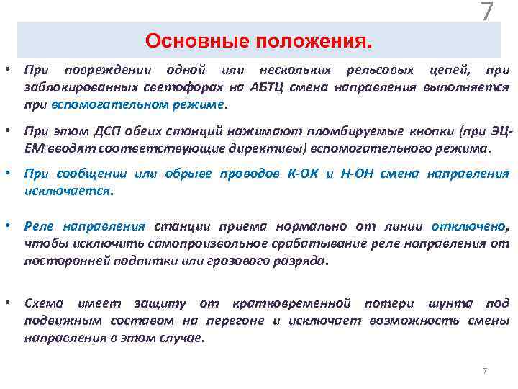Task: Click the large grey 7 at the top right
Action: coord(487,13)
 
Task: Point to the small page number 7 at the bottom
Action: coord(484,371)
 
